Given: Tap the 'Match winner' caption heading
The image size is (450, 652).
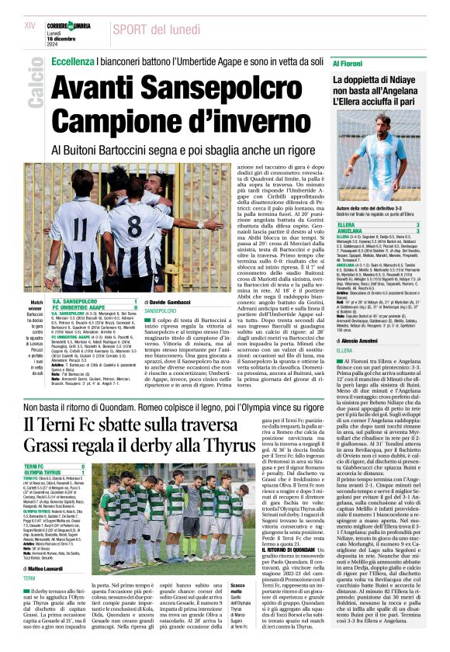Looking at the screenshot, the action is (x=38, y=307).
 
